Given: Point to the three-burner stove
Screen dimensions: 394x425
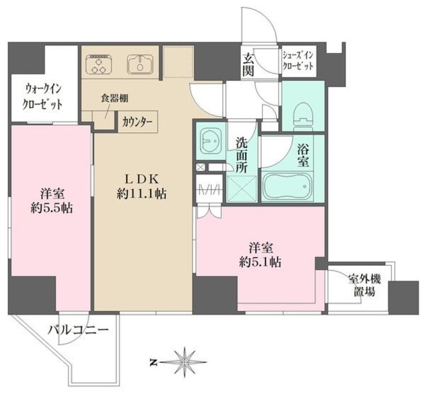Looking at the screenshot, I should pyautogui.click(x=100, y=64).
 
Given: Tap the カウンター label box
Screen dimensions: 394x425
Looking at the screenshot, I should pyautogui.click(x=137, y=122).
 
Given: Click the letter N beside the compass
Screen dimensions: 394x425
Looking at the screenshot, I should pyautogui.click(x=153, y=363).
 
